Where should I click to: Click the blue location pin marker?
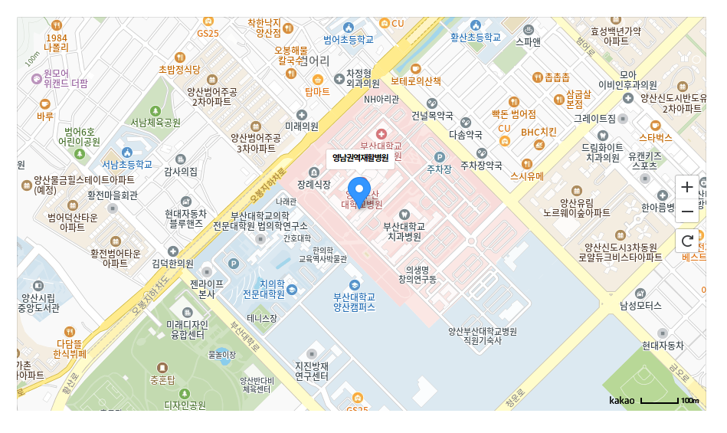359,190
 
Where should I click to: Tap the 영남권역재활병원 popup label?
360,158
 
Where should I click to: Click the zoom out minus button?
687,212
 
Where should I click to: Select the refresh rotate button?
687,241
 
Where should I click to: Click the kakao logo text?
621,400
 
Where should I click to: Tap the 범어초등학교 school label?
349,38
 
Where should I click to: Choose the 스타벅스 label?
655,137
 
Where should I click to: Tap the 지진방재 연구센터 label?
312,371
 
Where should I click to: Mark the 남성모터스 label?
640,305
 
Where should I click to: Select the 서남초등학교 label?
127,165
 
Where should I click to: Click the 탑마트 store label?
317,91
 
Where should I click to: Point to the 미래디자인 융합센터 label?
187,330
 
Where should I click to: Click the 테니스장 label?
262,317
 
